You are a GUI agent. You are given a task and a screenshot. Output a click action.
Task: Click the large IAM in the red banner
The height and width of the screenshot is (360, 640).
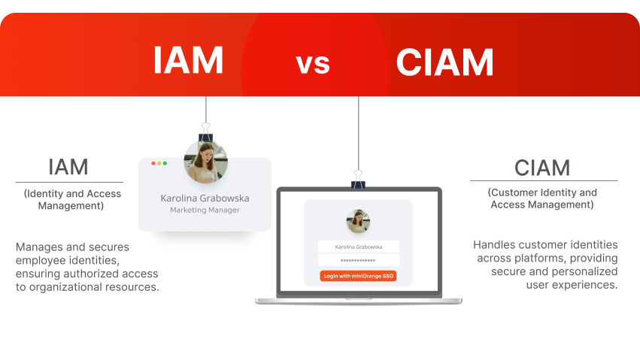pyautogui.click(x=188, y=60)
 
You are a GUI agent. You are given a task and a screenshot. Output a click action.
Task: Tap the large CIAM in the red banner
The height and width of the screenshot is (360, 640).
pyautogui.click(x=445, y=62)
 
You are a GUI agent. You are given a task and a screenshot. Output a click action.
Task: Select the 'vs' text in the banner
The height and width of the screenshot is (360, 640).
pyautogui.click(x=313, y=63)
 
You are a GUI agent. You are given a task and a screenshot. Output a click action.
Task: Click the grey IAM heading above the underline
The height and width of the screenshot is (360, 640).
pyautogui.click(x=68, y=167)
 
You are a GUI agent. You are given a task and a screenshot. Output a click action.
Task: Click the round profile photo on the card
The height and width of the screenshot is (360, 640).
pyautogui.click(x=205, y=162)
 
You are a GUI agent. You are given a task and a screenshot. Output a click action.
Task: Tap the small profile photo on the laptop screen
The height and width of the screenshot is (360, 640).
pyautogui.click(x=358, y=221)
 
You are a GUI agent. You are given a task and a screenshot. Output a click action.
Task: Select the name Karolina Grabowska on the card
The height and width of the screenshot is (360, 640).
pyautogui.click(x=205, y=198)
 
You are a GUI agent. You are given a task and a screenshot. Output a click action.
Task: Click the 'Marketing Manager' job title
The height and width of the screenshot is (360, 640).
pyautogui.click(x=205, y=210)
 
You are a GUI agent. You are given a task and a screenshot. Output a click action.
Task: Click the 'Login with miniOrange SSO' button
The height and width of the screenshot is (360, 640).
pyautogui.click(x=358, y=276)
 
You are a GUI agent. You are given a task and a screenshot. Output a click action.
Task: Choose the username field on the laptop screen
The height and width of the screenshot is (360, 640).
pyautogui.click(x=358, y=247)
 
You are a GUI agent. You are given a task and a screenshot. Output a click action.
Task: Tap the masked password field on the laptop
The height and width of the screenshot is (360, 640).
pyautogui.click(x=358, y=260)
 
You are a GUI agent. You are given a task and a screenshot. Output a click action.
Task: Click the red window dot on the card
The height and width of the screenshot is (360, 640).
pyautogui.click(x=153, y=163)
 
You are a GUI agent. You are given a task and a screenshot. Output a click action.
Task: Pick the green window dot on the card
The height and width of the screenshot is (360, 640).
pyautogui.click(x=165, y=163)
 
